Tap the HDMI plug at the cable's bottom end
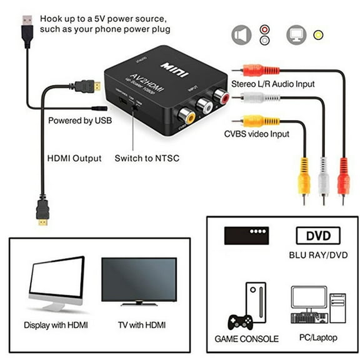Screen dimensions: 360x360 click(42, 212)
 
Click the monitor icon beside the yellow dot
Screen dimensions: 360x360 click(295, 35)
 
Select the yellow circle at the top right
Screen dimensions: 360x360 click(319, 35)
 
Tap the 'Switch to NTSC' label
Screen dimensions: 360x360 click(147, 158)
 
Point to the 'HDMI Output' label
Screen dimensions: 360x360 click(74, 158)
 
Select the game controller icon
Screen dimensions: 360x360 click(239, 320)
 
